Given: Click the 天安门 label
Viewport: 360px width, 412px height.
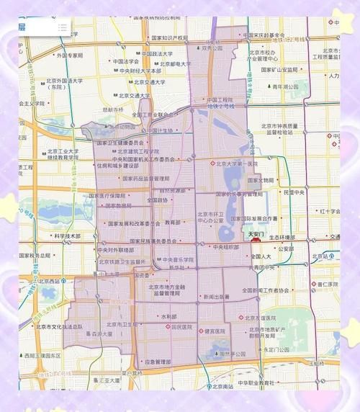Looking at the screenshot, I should click(254, 234).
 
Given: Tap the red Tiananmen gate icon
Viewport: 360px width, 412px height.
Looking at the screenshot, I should click(256, 242).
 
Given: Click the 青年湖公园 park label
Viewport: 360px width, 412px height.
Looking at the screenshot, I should click(283, 86).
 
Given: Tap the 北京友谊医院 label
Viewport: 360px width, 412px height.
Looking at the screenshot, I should click(261, 318).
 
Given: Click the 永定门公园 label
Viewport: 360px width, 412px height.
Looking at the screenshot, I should click(277, 350).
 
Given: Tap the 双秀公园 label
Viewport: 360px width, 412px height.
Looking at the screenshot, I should click(213, 48).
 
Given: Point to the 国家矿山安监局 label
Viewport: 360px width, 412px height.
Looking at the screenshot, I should click(274, 70).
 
